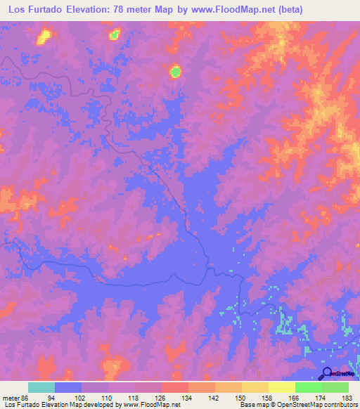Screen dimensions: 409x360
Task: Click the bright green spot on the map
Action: coord(175,70)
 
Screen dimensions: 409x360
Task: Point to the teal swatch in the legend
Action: coord(41,387)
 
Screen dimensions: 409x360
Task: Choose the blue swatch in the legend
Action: coord(68,387)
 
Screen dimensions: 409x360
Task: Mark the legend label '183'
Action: coord(347,397)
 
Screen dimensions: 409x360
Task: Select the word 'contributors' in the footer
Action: coord(338,405)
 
